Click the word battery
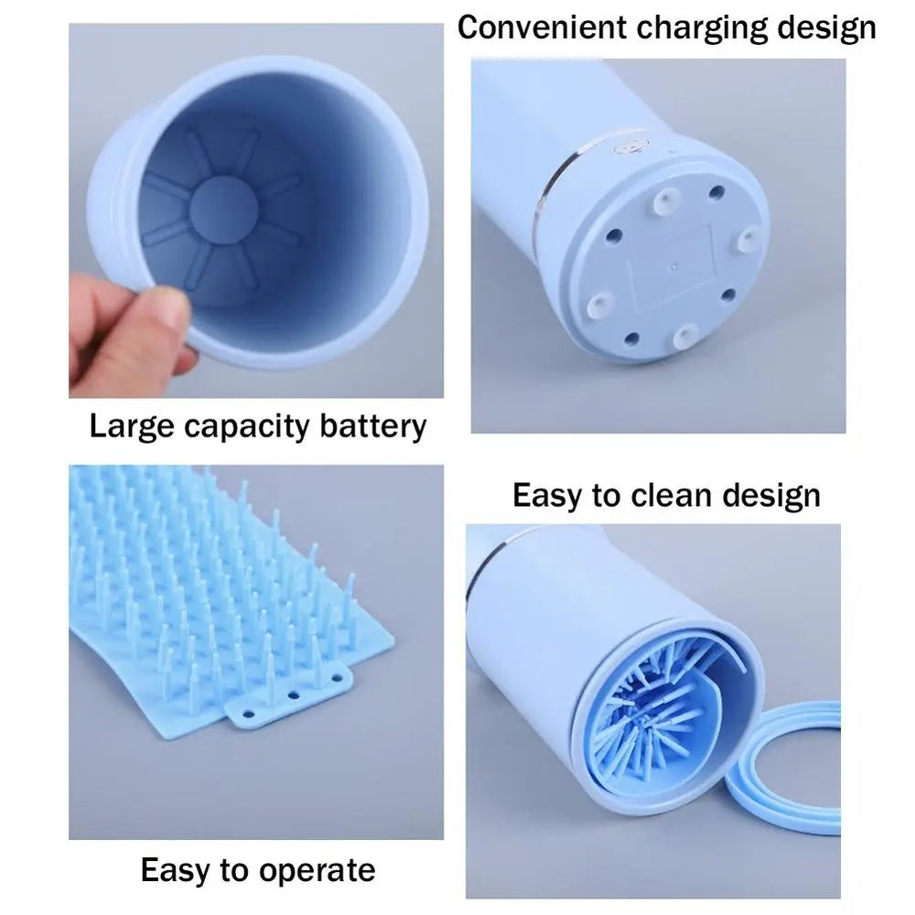coord(371,426)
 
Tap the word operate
coord(312,870)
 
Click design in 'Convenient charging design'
coord(825,27)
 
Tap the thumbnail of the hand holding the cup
coord(256,210)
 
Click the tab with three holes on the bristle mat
coord(288,699)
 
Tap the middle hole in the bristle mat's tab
coord(294,696)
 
